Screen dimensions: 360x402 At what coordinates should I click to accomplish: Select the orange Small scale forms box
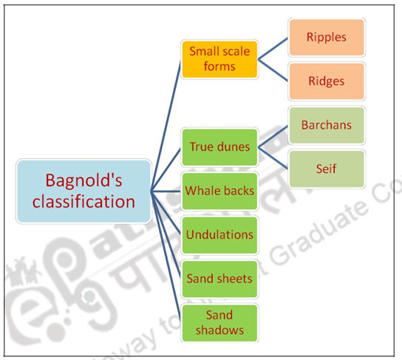(x=219, y=59)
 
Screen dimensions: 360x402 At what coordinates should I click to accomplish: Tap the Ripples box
(x=326, y=36)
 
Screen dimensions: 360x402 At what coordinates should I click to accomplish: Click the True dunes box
(x=219, y=146)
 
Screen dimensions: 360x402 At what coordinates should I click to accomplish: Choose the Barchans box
(x=326, y=125)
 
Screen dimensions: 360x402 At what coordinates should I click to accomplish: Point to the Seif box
(x=326, y=169)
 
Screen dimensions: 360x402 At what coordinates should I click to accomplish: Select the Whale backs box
(x=219, y=191)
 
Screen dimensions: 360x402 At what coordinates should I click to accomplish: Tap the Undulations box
(x=219, y=234)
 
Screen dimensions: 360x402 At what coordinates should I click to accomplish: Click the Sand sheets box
(x=219, y=279)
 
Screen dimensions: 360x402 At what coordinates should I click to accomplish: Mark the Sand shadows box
(x=219, y=322)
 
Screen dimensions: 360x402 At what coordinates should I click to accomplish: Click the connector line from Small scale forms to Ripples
(x=273, y=47)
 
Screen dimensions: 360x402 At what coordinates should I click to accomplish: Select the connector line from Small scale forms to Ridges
(x=273, y=71)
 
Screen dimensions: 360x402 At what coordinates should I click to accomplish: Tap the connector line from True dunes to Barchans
(x=273, y=135)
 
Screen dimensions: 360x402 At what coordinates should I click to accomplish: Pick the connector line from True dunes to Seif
(x=273, y=157)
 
